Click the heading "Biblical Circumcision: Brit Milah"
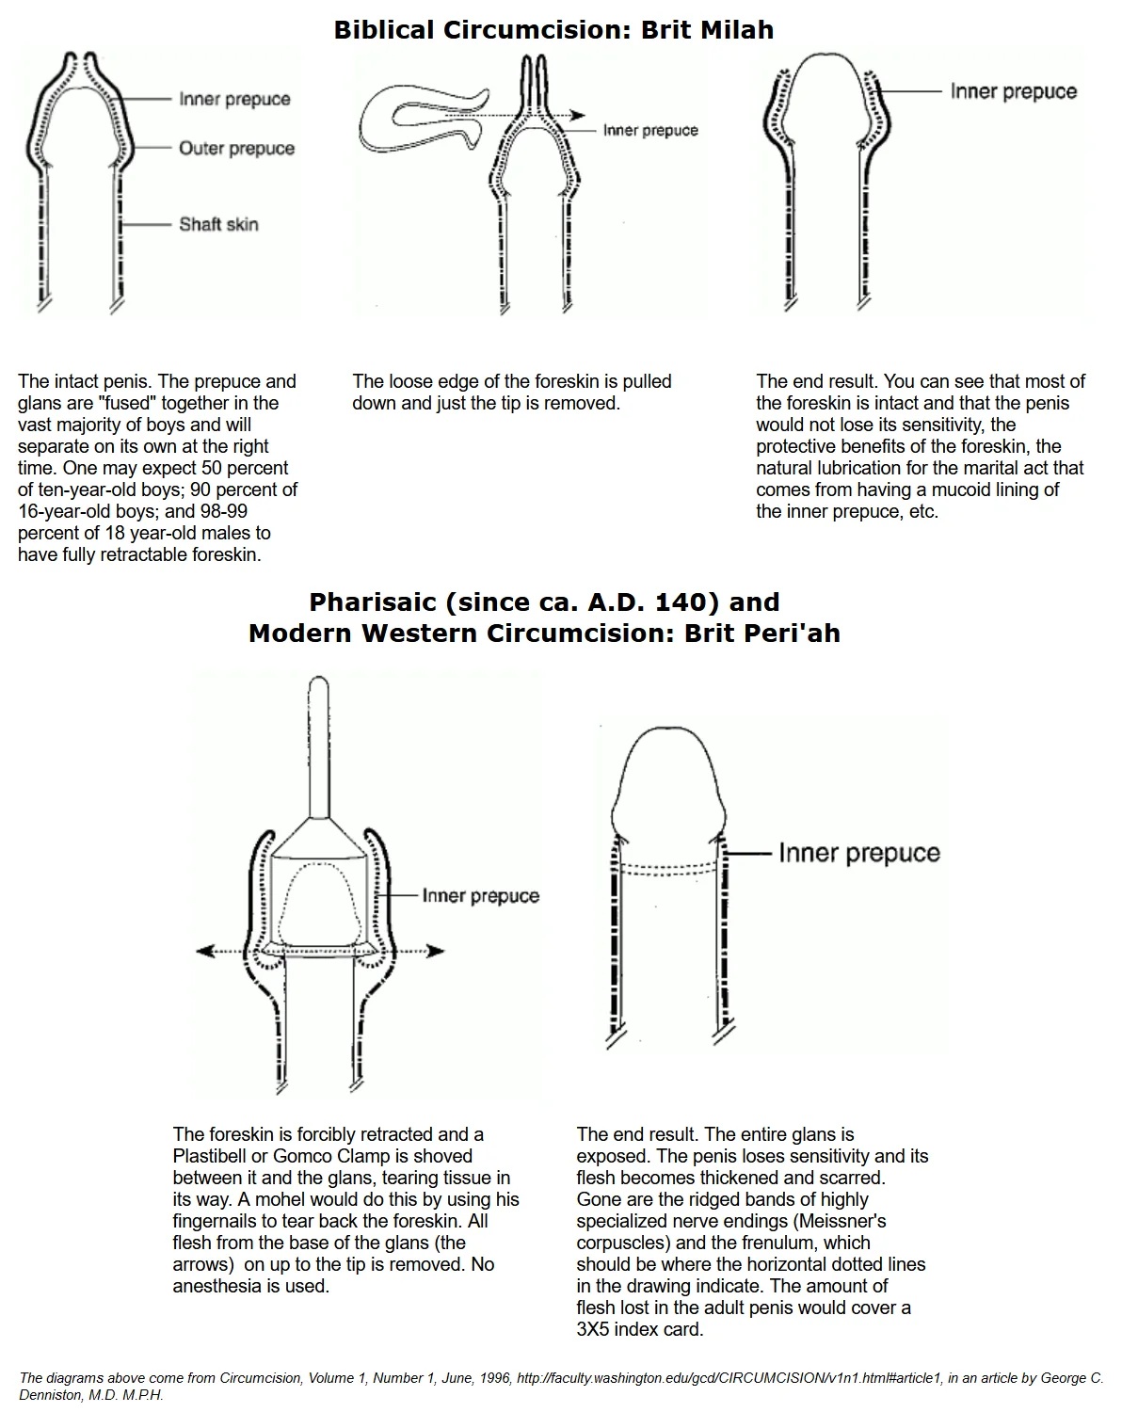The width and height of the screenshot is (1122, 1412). pos(553,30)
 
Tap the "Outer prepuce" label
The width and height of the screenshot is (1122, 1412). pos(236,149)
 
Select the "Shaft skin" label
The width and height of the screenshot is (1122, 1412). pos(218,224)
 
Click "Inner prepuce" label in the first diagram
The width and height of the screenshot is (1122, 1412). pos(234,100)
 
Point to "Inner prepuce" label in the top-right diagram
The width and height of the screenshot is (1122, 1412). pos(1013,91)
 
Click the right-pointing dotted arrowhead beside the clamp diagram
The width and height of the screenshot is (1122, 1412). pos(436,951)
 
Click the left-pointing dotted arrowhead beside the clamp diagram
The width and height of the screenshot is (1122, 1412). pos(203,951)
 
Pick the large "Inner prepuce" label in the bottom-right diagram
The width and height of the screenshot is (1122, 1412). pos(858,853)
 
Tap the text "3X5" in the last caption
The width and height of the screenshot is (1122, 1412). pos(595,1329)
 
